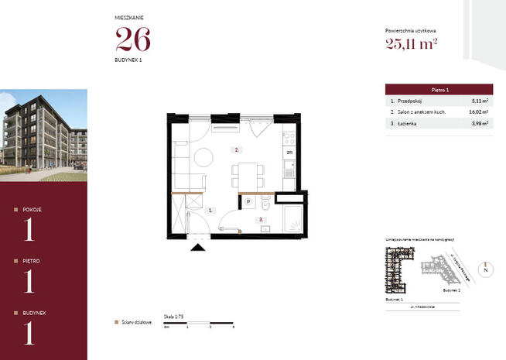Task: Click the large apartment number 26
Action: (x=132, y=38)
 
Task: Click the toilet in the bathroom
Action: (x=265, y=205)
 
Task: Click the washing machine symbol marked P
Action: (x=249, y=201)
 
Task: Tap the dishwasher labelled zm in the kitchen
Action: (x=289, y=153)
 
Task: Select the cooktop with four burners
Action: (x=290, y=139)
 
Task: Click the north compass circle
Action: (x=484, y=271)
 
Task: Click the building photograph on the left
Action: (x=43, y=135)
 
